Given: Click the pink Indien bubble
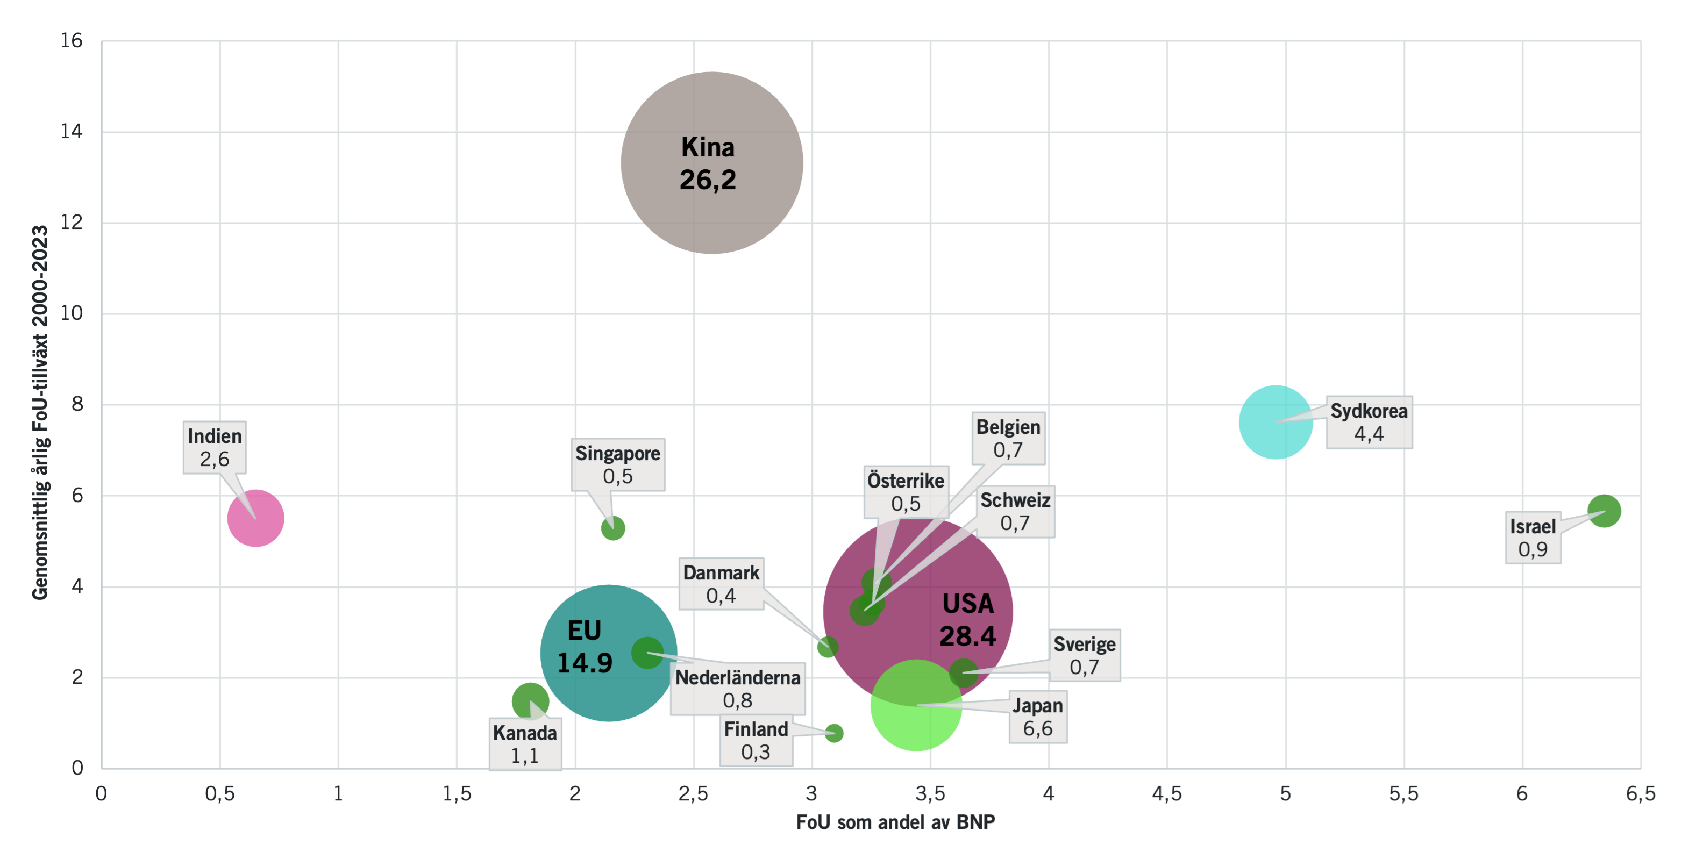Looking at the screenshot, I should click(256, 518).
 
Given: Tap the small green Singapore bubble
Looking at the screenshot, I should click(613, 528).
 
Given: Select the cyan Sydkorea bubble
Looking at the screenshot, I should click(1276, 422).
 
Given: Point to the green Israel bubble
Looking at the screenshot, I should click(1604, 511).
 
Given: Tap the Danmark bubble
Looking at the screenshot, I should click(828, 647).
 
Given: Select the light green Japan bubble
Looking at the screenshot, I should click(916, 705).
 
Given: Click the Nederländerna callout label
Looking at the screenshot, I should click(737, 689).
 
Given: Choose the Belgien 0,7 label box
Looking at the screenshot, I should click(1008, 438).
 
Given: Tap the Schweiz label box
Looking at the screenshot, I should click(1015, 512).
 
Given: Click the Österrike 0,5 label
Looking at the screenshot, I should click(905, 492).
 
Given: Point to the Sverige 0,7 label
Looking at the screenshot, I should click(1084, 655).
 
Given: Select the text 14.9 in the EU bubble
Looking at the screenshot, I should click(585, 663).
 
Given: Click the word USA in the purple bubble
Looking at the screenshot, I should click(967, 604).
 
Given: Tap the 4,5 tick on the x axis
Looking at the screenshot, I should click(1167, 794).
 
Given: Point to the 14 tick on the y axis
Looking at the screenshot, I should click(72, 132).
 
